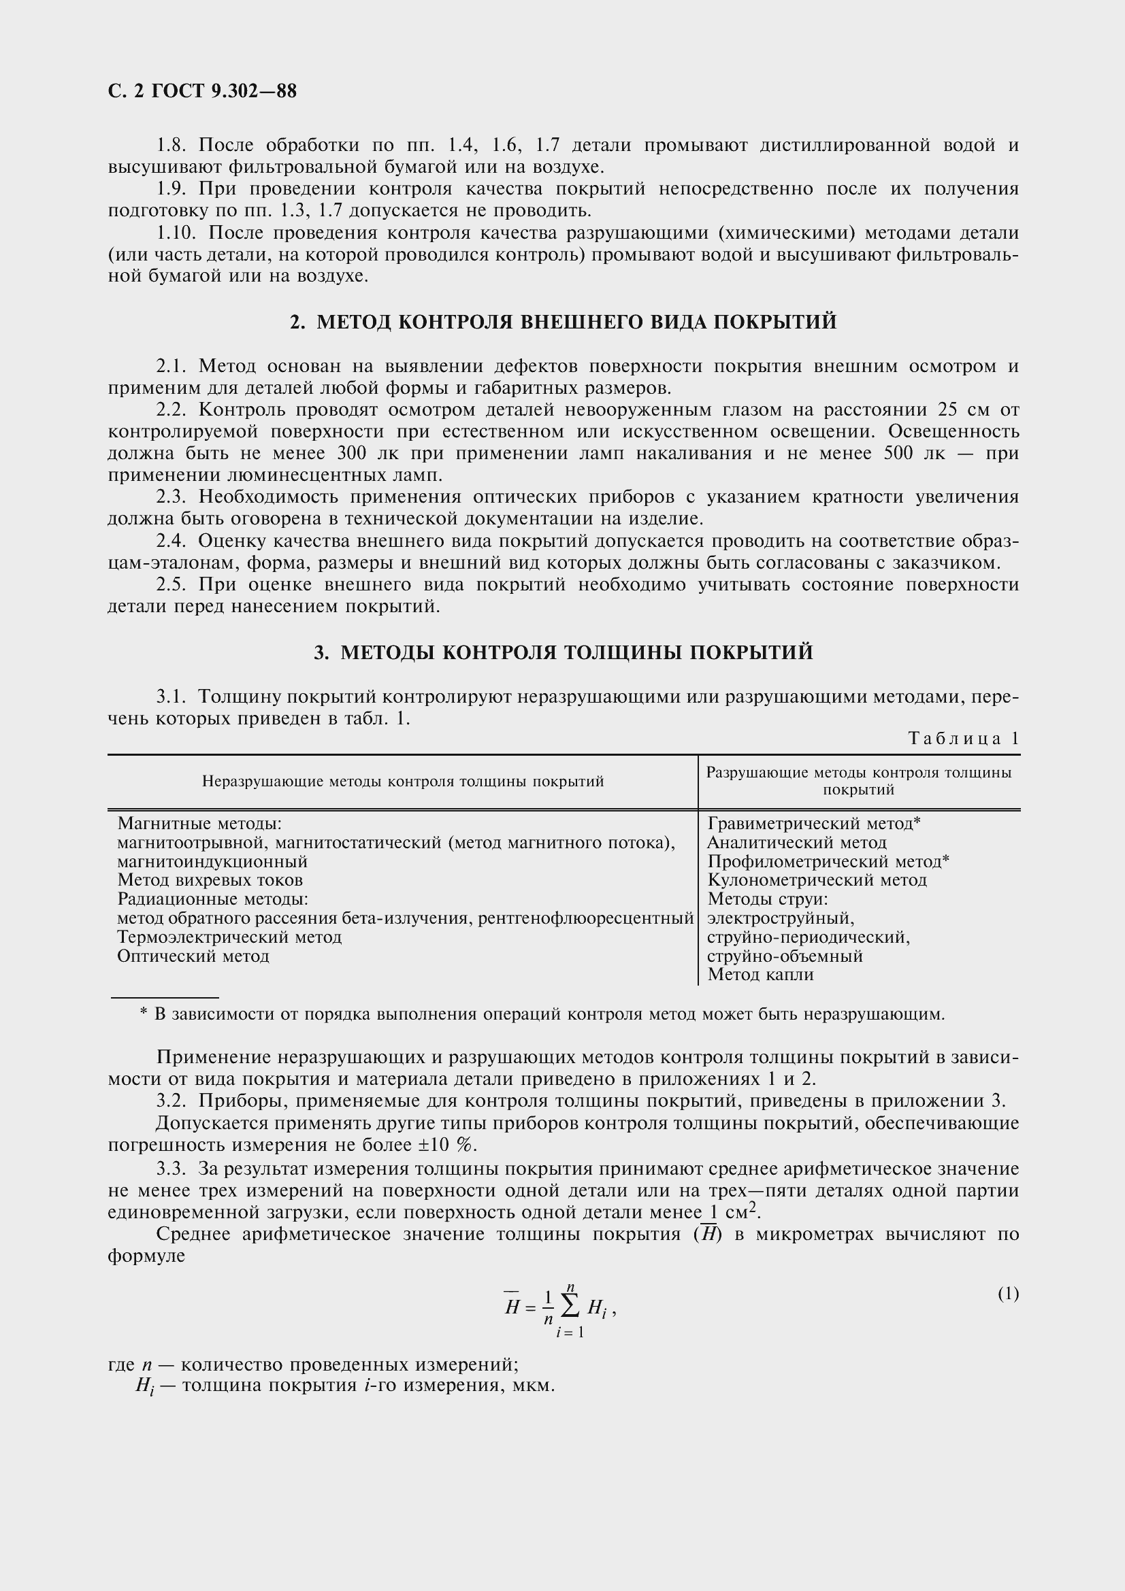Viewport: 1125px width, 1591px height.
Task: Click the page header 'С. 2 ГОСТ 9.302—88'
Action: pyautogui.click(x=202, y=91)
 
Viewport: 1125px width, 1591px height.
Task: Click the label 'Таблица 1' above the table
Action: pyautogui.click(x=964, y=739)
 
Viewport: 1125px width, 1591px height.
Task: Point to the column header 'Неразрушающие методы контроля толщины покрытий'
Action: pyautogui.click(x=403, y=782)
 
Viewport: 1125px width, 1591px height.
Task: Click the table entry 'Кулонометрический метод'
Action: pyautogui.click(x=817, y=880)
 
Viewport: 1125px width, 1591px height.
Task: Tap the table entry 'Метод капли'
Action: pyautogui.click(x=760, y=975)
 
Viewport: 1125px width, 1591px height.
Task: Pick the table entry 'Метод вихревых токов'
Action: pyautogui.click(x=210, y=880)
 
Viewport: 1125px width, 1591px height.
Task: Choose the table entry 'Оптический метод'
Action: pyautogui.click(x=193, y=956)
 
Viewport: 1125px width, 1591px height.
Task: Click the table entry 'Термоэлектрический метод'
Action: pyautogui.click(x=229, y=937)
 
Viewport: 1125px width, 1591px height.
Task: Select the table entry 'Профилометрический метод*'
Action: pyautogui.click(x=828, y=861)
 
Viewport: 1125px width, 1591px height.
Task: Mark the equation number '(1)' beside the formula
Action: pyautogui.click(x=1009, y=1294)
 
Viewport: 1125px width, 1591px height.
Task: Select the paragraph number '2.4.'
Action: pyautogui.click(x=172, y=541)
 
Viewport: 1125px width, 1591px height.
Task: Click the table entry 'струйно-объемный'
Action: pyautogui.click(x=785, y=956)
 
